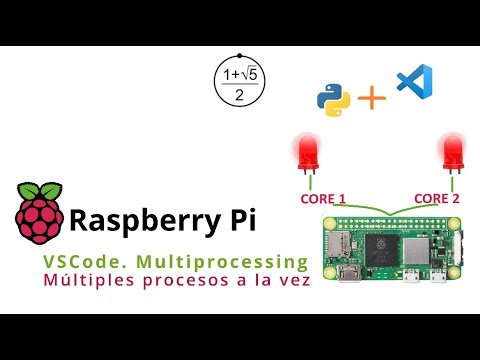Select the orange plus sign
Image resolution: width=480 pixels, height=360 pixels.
tap(372, 98)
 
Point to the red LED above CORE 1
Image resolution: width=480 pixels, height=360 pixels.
tap(305, 154)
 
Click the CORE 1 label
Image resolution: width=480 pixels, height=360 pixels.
tap(322, 198)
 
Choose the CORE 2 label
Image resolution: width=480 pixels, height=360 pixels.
tap(436, 198)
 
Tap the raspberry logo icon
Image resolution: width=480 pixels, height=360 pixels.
tap(38, 213)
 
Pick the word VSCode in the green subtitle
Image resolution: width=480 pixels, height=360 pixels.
tap(77, 261)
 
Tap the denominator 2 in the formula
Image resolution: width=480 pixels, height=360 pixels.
tap(240, 95)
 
